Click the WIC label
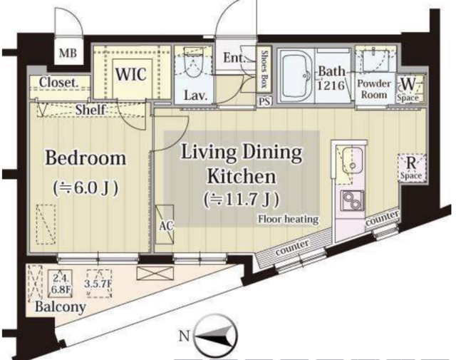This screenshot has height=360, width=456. tap(130, 74)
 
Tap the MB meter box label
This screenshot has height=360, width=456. tap(68, 53)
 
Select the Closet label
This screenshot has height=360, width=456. tap(58, 83)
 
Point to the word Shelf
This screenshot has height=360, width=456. tap(90, 110)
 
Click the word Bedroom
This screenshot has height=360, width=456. tap(85, 158)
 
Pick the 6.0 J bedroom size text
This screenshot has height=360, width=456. tap(85, 188)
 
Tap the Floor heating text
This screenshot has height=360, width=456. tap(288, 219)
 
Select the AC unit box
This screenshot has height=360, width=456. tap(165, 225)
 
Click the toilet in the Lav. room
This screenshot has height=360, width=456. tap(193, 63)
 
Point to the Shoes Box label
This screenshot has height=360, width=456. tap(264, 68)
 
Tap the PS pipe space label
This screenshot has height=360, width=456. tap(264, 101)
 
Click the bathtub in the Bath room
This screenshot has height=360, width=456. tap(296, 76)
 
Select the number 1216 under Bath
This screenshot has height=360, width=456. tap(331, 86)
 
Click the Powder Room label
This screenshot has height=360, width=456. tap(374, 89)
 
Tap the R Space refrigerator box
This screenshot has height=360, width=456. tap(412, 168)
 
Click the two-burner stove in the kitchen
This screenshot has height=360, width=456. tap(353, 200)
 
